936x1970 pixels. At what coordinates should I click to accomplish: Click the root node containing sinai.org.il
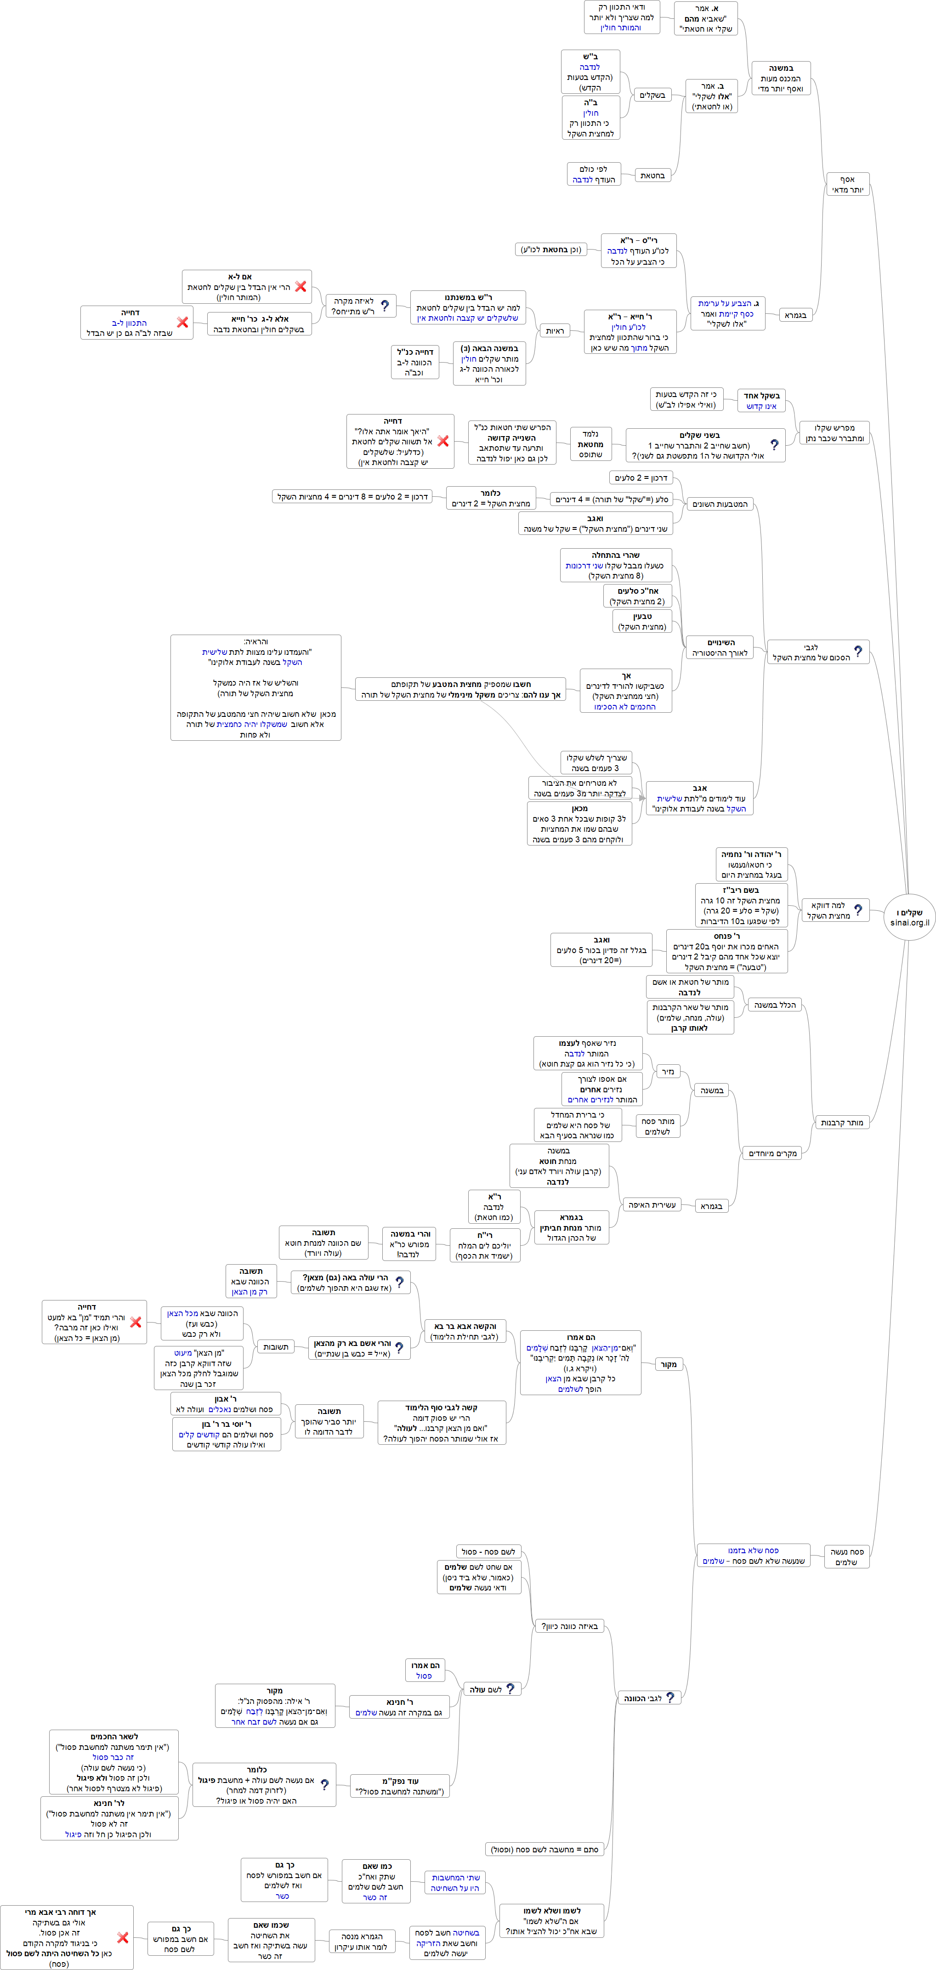pyautogui.click(x=909, y=917)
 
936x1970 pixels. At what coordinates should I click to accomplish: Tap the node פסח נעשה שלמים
pyautogui.click(x=846, y=1557)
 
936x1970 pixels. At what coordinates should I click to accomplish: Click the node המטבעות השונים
pyautogui.click(x=720, y=504)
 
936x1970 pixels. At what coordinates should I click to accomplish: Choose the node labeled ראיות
pyautogui.click(x=555, y=331)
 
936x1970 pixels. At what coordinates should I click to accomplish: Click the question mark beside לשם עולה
pyautogui.click(x=510, y=1689)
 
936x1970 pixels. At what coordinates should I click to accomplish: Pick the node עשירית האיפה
pyautogui.click(x=652, y=1204)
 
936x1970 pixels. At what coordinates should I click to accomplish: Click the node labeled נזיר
pyautogui.click(x=668, y=1072)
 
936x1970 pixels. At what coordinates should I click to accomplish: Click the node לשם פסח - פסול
pyautogui.click(x=488, y=1552)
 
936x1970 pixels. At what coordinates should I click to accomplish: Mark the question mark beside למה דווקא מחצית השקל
pyautogui.click(x=858, y=910)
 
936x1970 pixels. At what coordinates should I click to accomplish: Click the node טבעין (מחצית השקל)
pyautogui.click(x=642, y=621)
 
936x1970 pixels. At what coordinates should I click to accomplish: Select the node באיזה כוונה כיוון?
pyautogui.click(x=570, y=1627)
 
